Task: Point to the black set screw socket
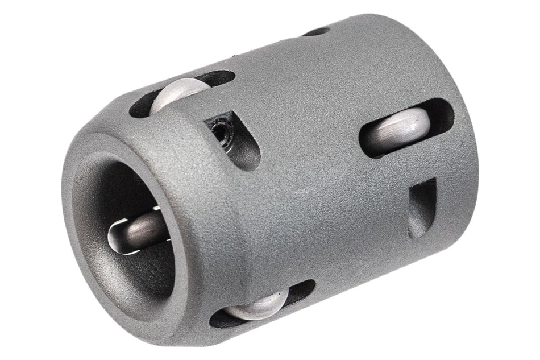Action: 219,132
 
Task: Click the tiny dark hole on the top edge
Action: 316,31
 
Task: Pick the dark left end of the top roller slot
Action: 139,107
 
